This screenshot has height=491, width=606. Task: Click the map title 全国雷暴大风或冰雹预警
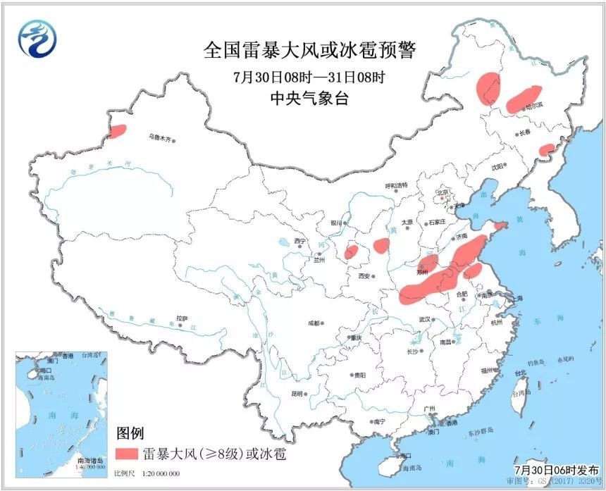tap(310, 51)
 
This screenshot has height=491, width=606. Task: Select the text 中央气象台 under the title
tap(309, 99)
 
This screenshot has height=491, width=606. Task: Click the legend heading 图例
tap(130, 431)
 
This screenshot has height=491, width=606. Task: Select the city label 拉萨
tap(183, 318)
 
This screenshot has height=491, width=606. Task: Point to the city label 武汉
tap(423, 319)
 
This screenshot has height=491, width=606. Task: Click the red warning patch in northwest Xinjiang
tap(118, 130)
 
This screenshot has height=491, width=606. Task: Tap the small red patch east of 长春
tap(547, 149)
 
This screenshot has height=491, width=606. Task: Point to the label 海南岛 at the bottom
tap(410, 468)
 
